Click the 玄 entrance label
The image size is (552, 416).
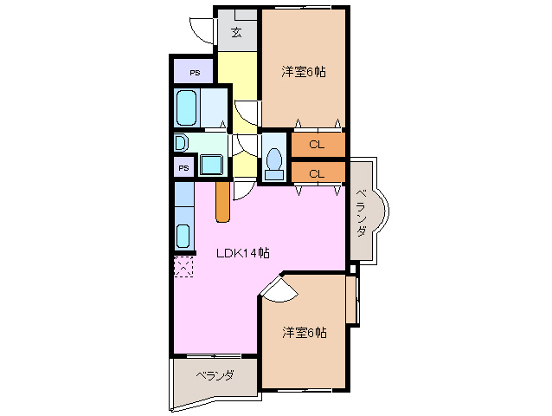tap(236, 34)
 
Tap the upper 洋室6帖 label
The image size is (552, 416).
tap(303, 72)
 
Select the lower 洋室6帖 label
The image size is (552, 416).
tap(304, 333)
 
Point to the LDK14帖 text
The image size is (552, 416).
tap(243, 253)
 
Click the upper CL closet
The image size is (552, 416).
tap(318, 144)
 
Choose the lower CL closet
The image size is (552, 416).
tap(318, 173)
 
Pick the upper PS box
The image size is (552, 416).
tap(196, 73)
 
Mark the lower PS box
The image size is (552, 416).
tap(183, 167)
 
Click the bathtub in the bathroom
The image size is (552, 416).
tap(188, 109)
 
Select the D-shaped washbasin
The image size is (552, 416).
tap(180, 142)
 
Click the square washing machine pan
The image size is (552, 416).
tap(210, 165)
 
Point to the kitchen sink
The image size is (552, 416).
tap(183, 235)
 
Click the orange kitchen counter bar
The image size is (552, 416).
tap(222, 201)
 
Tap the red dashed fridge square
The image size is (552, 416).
tap(183, 267)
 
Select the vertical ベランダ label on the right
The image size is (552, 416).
tap(363, 213)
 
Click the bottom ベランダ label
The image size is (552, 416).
tap(214, 376)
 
